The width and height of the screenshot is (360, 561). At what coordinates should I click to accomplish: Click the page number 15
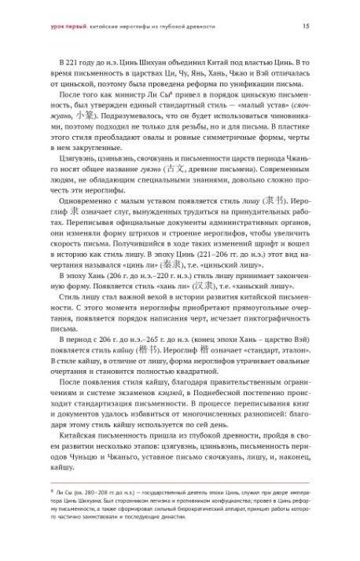[305, 26]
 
